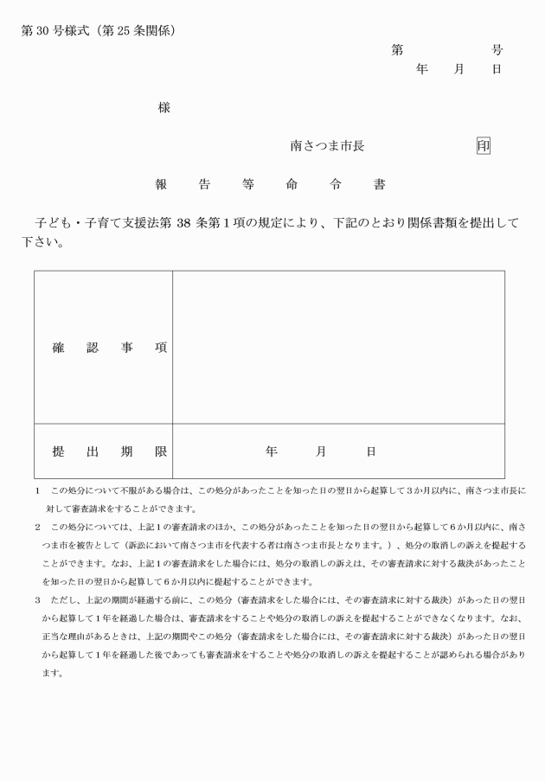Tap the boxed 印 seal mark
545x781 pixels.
(x=484, y=146)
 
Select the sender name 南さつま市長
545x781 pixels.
(x=327, y=146)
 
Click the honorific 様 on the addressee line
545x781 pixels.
(x=163, y=108)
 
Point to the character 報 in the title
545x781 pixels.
(x=161, y=184)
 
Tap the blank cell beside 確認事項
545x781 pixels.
(x=338, y=347)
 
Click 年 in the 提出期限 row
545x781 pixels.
(x=272, y=451)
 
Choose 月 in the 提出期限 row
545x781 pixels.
(x=321, y=451)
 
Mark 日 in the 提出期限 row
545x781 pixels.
(x=371, y=451)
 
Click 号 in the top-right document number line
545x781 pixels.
(x=497, y=50)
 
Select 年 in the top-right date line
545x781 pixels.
(x=422, y=69)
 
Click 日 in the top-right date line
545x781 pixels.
(x=497, y=69)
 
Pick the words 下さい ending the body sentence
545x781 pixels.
(x=42, y=241)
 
